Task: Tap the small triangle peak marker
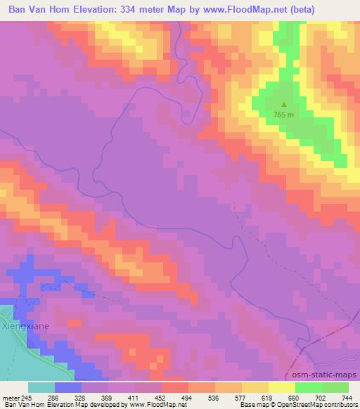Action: (284, 105)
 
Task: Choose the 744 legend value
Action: (347, 397)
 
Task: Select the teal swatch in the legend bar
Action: (41, 387)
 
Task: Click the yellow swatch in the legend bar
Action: (282, 387)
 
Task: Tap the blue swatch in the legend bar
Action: (68, 387)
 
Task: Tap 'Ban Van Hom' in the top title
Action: (37, 9)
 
